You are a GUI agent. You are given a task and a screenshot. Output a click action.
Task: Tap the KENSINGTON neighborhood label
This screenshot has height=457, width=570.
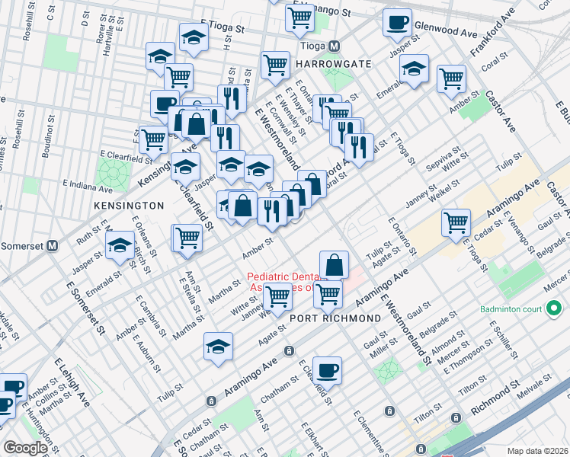pos(128,206)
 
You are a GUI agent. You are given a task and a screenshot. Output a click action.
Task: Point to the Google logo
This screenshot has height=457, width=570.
pos(25,448)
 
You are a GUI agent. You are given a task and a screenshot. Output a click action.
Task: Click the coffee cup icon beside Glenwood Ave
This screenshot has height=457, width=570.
pos(396,22)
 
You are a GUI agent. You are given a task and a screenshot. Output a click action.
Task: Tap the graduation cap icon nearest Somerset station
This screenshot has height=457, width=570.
pos(120,246)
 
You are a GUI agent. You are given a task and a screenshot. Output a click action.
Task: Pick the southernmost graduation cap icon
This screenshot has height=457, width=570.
pos(218,346)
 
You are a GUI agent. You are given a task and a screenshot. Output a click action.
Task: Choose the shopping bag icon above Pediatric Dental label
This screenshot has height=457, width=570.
pos(334,264)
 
